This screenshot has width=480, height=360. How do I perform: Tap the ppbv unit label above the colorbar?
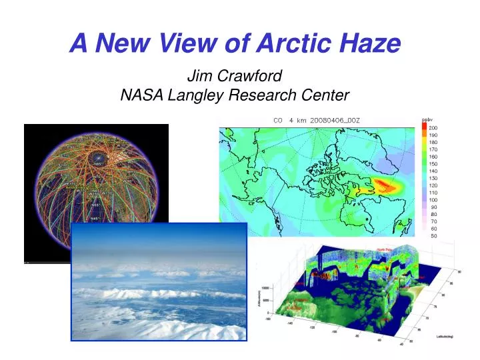(x=427, y=119)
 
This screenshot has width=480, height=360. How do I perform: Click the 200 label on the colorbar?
(x=433, y=127)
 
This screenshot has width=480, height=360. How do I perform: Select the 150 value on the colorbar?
(x=433, y=163)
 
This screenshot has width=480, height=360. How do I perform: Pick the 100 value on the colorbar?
(x=433, y=199)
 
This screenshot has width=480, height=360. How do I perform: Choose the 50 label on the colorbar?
(x=433, y=235)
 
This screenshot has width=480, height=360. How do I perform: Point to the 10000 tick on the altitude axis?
(x=265, y=288)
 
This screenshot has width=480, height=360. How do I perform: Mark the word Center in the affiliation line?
(x=327, y=95)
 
